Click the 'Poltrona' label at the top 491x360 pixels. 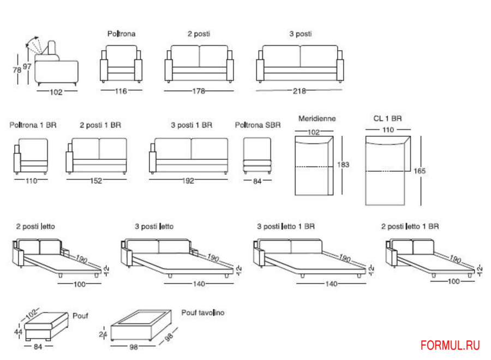click(121, 34)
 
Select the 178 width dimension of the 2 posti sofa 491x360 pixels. click(199, 91)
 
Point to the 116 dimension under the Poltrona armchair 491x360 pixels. click(121, 91)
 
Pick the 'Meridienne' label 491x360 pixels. click(317, 118)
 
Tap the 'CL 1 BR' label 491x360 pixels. click(387, 118)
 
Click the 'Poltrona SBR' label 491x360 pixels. click(258, 125)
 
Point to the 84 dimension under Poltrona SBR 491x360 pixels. click(258, 181)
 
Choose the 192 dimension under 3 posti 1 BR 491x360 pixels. click(188, 181)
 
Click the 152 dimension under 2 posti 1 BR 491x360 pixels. click(96, 181)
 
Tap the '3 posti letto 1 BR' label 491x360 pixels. click(286, 226)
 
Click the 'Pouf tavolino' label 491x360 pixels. click(202, 313)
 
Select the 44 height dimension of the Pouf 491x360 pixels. click(18, 332)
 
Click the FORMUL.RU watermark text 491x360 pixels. click(450, 345)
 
